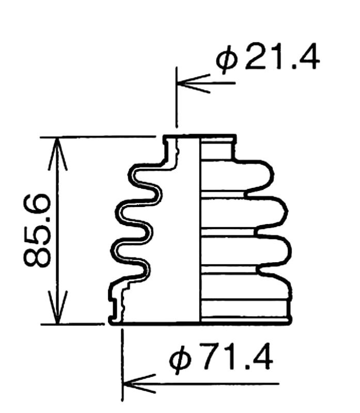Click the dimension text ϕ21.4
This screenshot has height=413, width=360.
tap(268, 58)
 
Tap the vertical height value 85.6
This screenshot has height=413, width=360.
tap(37, 230)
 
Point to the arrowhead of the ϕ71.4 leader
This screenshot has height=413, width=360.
tap(139, 384)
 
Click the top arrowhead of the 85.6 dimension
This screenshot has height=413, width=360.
tap(58, 153)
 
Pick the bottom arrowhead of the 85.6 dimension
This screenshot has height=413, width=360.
tap(58, 307)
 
